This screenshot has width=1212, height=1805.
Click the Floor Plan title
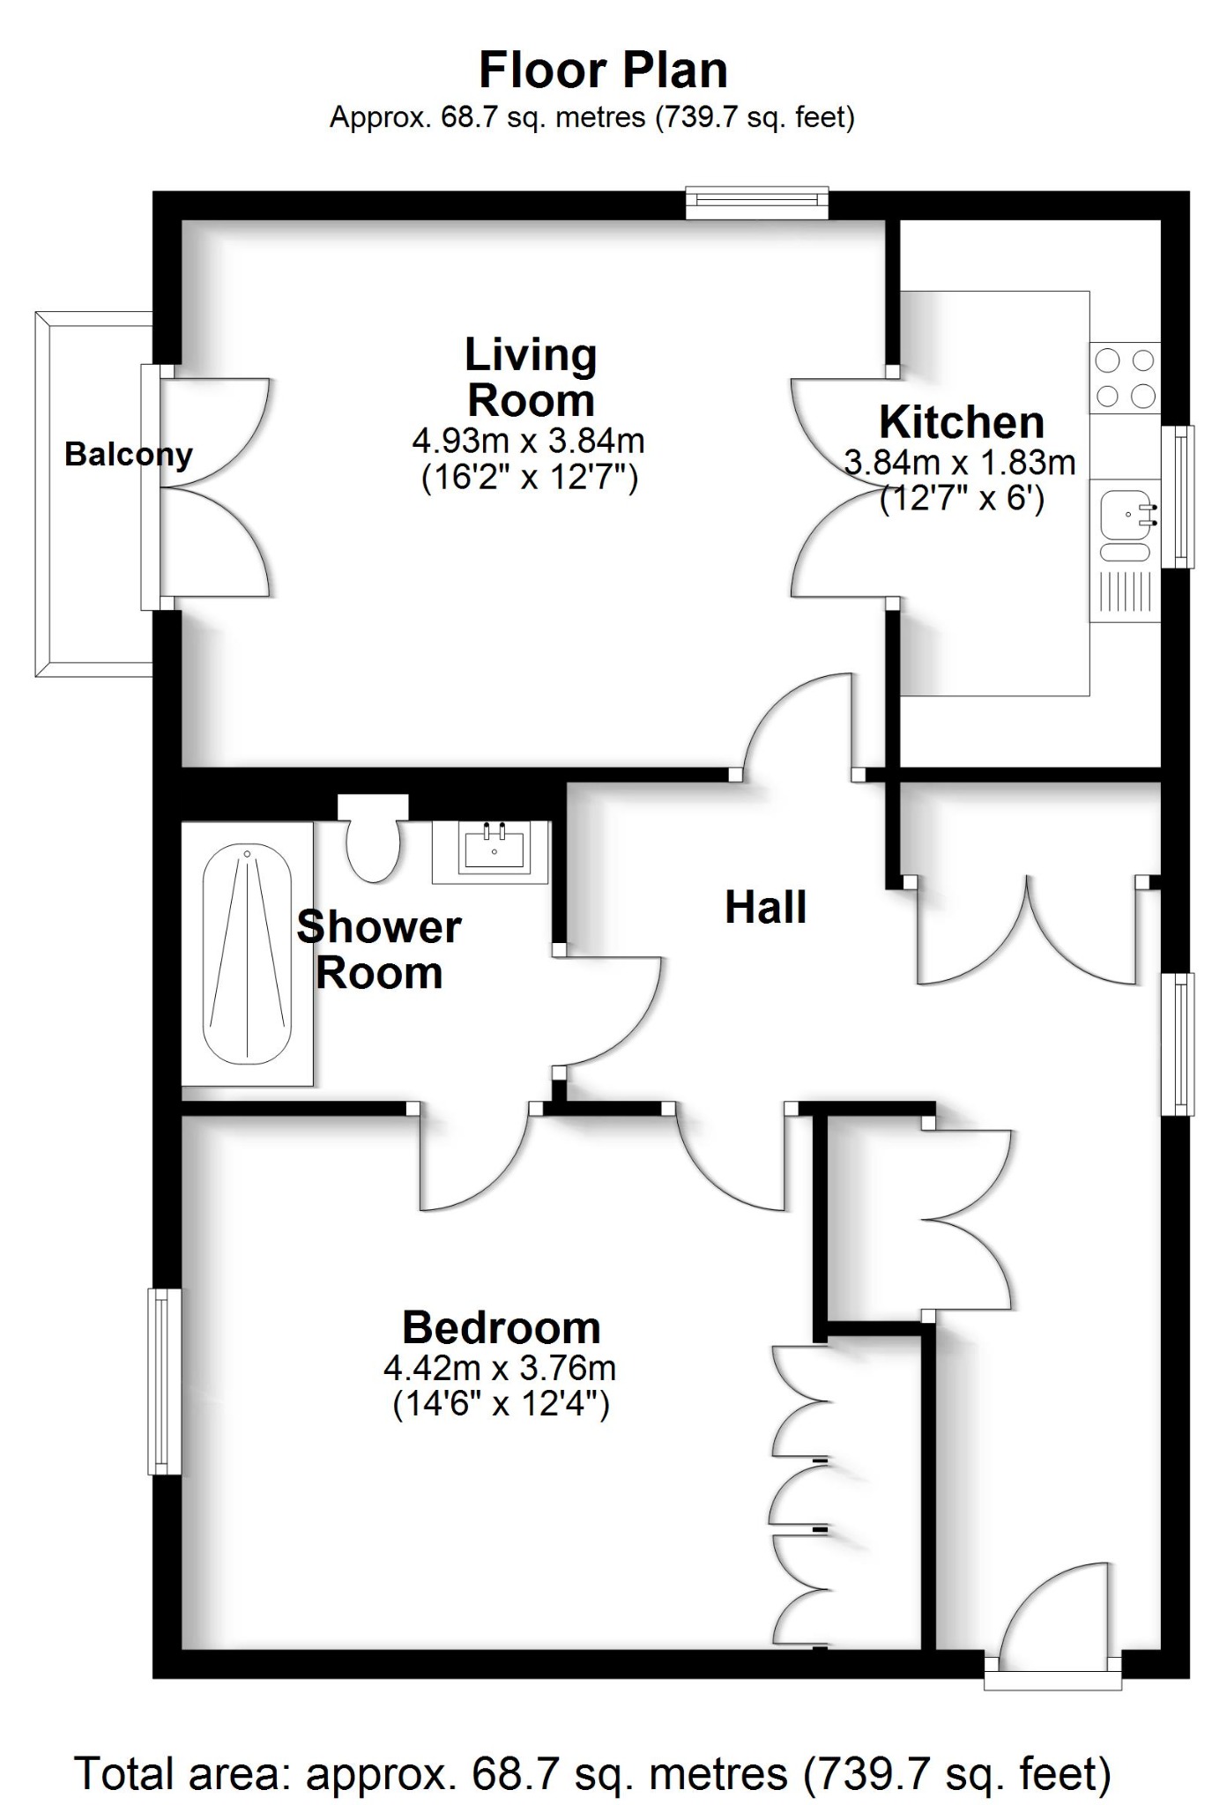[603, 71]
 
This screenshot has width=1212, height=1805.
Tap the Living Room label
[531, 378]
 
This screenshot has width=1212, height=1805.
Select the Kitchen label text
[962, 423]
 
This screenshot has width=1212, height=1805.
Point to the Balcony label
[129, 455]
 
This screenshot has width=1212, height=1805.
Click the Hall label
[765, 908]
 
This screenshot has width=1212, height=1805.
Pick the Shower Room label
[379, 950]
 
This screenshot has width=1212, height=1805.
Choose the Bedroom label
[501, 1327]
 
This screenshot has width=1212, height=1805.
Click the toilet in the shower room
[373, 842]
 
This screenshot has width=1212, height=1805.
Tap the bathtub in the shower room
[247, 954]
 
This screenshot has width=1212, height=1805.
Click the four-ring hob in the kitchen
[1125, 378]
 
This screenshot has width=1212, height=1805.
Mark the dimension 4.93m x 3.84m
[528, 440]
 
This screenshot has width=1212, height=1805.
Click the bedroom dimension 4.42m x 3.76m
[500, 1368]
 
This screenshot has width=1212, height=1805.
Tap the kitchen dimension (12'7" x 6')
[962, 500]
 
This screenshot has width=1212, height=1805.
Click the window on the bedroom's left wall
[163, 1381]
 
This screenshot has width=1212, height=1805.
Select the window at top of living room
[757, 202]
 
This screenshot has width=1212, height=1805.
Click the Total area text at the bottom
[592, 1772]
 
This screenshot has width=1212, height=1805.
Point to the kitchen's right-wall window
[1178, 496]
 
